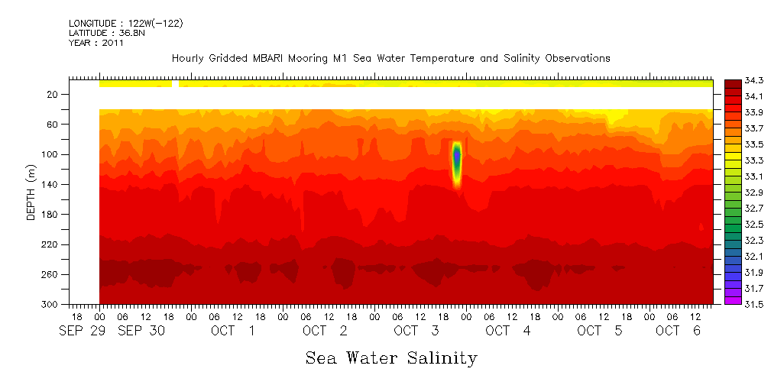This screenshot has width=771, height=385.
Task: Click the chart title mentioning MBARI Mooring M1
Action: coord(390,58)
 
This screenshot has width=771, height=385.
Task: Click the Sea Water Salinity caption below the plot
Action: coord(391,357)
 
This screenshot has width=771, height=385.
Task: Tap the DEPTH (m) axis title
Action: coord(31,195)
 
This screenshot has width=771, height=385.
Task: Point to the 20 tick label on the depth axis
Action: coord(53,94)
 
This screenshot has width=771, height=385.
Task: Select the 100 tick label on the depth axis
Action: coord(51,154)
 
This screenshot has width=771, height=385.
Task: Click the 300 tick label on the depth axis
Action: coord(51,305)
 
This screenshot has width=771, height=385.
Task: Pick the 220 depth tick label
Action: coord(51,244)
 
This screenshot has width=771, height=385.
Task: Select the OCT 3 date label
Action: coord(416,331)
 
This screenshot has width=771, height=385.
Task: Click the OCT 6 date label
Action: coord(679,331)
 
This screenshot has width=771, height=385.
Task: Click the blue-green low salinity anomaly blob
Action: coord(457,157)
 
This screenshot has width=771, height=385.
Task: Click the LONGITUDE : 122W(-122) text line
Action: coord(125,24)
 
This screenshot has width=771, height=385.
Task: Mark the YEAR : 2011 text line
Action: coord(96,44)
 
